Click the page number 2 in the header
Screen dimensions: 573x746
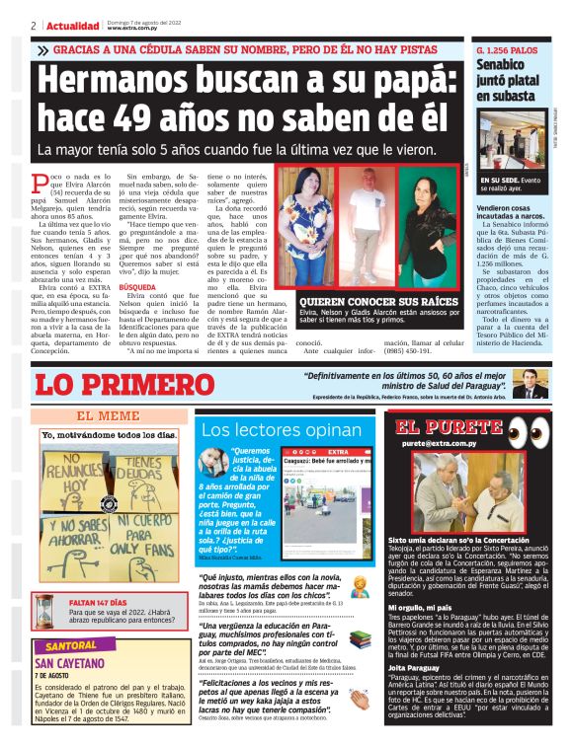35,25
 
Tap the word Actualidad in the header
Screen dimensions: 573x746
71,25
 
